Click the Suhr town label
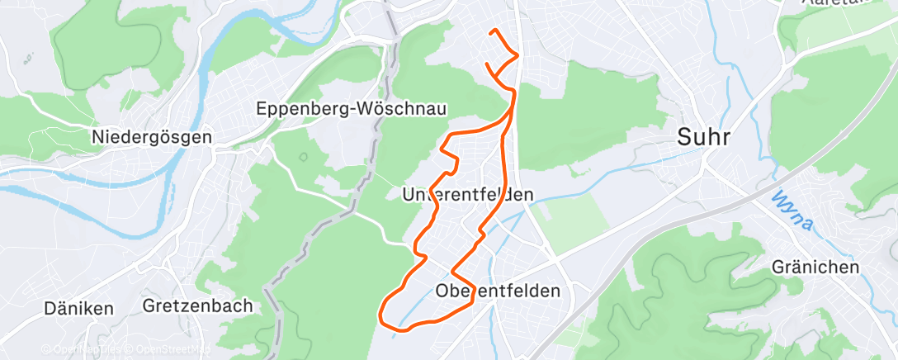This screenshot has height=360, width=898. pos(704,137)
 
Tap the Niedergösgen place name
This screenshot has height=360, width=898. pos(153,136)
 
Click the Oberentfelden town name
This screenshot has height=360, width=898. pos(498,291)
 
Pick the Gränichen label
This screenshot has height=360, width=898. pos(815,267)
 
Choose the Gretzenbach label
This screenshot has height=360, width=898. pos(197,306)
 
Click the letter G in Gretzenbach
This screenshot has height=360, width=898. pos(149,306)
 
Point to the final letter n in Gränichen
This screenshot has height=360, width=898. pos(854,267)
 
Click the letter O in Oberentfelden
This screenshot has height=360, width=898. pos(442,291)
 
